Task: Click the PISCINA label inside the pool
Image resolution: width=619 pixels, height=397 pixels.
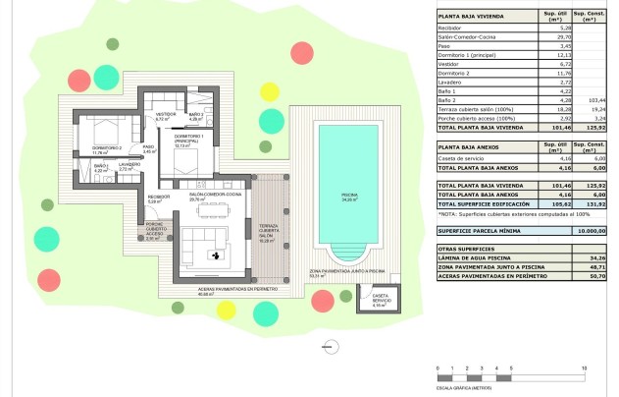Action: pyautogui.click(x=348, y=196)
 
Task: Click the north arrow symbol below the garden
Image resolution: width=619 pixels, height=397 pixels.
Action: pyautogui.click(x=332, y=344)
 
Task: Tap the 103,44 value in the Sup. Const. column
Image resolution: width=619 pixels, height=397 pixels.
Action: pyautogui.click(x=588, y=100)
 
